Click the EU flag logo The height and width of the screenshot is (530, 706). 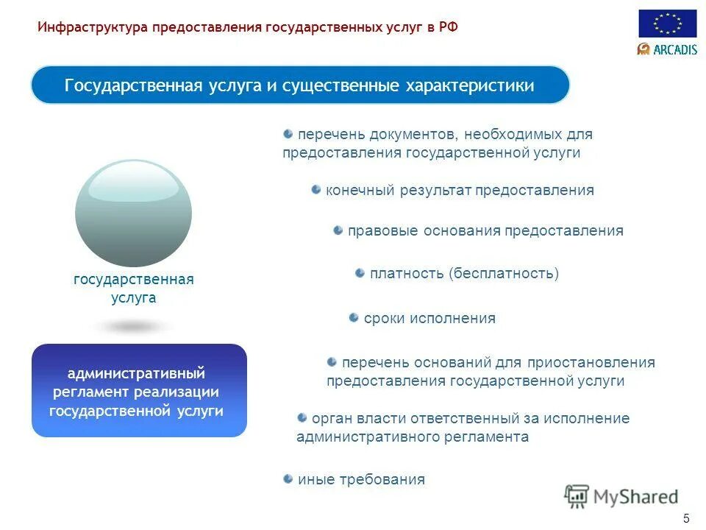click(x=667, y=24)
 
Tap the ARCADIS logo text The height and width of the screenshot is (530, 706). click(x=667, y=49)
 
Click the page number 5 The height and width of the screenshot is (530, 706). click(x=686, y=517)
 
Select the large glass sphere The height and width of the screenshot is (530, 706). click(x=133, y=213)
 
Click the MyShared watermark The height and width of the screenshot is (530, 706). click(x=621, y=497)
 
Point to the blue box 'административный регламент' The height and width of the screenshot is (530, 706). click(x=139, y=391)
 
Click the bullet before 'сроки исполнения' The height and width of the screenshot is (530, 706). click(x=354, y=318)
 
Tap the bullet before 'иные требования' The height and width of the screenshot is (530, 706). click(x=288, y=479)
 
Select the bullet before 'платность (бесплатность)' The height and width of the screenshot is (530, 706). click(x=360, y=273)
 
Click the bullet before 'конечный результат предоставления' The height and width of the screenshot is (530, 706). click(x=315, y=190)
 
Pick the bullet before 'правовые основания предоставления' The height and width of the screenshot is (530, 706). click(x=338, y=230)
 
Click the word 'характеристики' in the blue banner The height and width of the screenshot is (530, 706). click(x=470, y=85)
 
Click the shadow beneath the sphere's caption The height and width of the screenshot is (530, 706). click(x=133, y=326)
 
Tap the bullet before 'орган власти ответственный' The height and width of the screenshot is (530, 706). click(x=302, y=418)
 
